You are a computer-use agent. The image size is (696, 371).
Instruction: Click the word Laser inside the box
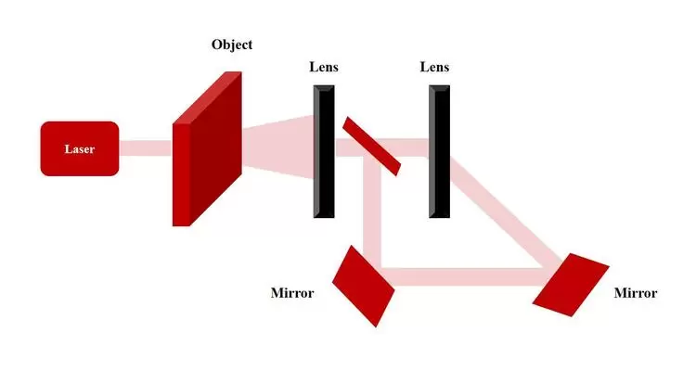(x=79, y=148)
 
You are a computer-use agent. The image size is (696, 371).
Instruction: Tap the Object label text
(x=231, y=45)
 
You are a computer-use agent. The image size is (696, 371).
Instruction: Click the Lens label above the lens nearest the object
(x=324, y=68)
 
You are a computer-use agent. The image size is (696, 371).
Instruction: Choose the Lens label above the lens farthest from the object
(x=434, y=68)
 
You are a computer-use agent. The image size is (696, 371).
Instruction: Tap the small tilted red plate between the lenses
(x=371, y=146)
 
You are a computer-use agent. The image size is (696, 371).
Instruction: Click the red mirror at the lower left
(x=364, y=285)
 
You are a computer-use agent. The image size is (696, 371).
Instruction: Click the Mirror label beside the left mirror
(x=292, y=294)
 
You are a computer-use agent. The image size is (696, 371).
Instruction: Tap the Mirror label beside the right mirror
(x=636, y=294)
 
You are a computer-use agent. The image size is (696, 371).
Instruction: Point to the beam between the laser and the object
(x=146, y=148)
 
